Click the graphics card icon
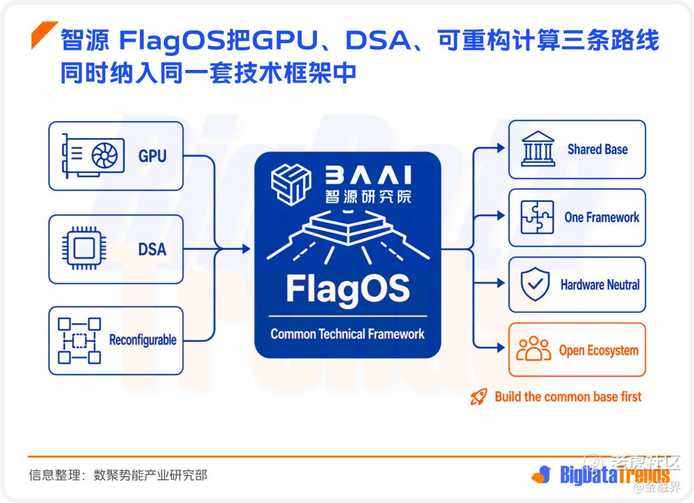[93, 155]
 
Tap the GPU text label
[152, 156]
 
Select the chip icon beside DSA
[84, 248]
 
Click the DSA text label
[152, 249]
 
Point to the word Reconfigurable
[143, 340]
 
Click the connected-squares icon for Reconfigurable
[79, 340]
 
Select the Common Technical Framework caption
[348, 334]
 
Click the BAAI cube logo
[291, 184]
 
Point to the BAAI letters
[369, 175]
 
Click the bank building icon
[538, 148]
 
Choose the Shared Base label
[598, 150]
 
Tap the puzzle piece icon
[537, 216]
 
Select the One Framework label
[602, 217]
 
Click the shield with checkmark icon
[535, 284]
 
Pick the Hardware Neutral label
[600, 285]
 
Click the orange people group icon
[534, 349]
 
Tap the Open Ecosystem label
[598, 350]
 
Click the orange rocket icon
[479, 397]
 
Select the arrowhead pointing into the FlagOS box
[247, 249]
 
